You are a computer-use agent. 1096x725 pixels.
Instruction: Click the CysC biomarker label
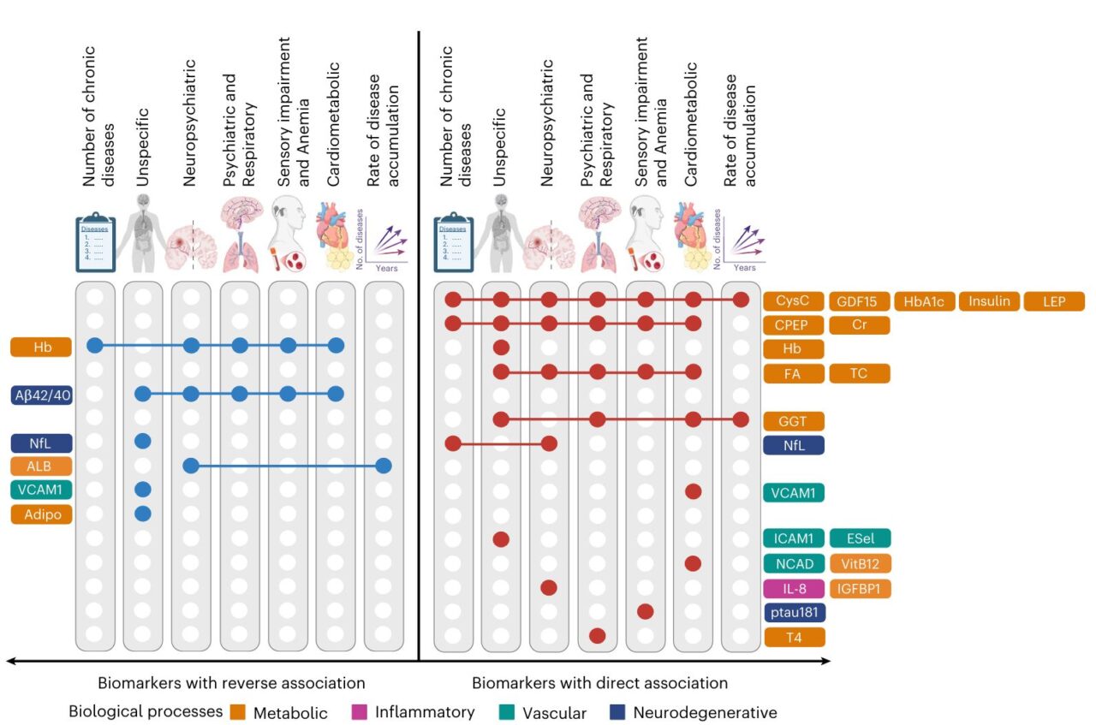[x=794, y=301]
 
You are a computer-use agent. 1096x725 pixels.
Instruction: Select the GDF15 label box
[x=859, y=301]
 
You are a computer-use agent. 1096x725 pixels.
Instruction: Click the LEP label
[x=1054, y=301]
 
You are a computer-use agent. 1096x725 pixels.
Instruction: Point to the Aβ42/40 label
[x=41, y=395]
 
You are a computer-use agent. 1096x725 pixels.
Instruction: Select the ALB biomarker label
[x=41, y=466]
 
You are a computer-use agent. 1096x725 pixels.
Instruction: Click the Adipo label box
[x=41, y=514]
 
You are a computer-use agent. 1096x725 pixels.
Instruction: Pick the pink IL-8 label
[x=794, y=589]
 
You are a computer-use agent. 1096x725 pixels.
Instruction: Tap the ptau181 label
[x=794, y=613]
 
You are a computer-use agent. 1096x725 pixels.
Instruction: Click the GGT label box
[x=794, y=420]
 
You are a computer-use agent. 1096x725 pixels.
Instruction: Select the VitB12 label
[x=859, y=564]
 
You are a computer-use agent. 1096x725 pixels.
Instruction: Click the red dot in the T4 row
[x=598, y=636]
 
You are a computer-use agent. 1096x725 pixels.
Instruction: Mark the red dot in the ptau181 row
[x=646, y=611]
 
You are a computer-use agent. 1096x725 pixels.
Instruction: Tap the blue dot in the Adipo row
[x=143, y=514]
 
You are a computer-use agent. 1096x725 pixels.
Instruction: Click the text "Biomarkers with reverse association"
[x=231, y=683]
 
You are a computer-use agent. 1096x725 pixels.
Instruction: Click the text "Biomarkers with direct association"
[x=599, y=683]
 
